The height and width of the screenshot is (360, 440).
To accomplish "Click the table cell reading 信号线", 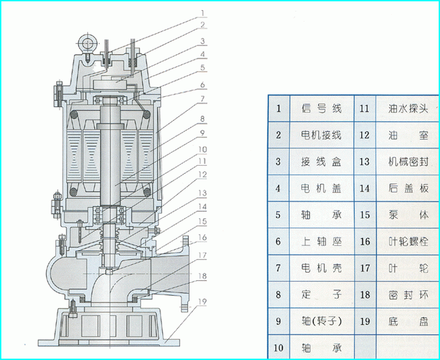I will coord(321,108).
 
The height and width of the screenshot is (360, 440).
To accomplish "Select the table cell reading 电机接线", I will coord(321,135).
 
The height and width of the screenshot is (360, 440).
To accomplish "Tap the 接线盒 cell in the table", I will coord(321,162).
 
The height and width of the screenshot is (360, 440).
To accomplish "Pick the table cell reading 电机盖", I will coord(321,189).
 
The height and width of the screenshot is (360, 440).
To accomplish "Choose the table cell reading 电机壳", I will coord(321,268).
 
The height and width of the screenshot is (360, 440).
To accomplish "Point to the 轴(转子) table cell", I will coord(321,321).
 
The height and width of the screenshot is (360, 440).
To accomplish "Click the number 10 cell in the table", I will coord(278,347).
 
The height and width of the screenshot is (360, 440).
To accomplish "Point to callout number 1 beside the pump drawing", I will coord(202,12).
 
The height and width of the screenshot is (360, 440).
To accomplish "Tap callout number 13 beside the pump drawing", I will coord(202,194).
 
